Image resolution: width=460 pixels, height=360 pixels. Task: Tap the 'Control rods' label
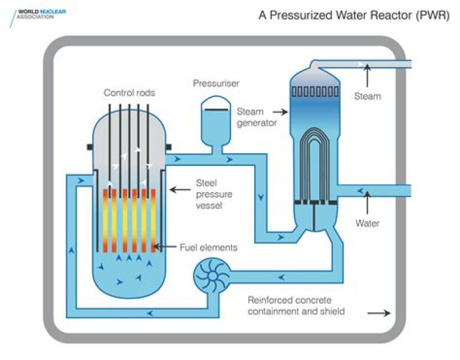click(129, 93)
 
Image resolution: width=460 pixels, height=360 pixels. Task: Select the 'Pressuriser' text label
click(217, 84)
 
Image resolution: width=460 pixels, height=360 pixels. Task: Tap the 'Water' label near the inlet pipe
click(367, 223)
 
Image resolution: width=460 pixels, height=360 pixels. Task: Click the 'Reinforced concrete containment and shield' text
click(296, 306)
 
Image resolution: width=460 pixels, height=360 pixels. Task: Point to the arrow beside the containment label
click(379, 313)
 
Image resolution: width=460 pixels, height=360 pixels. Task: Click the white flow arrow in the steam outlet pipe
click(363, 64)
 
